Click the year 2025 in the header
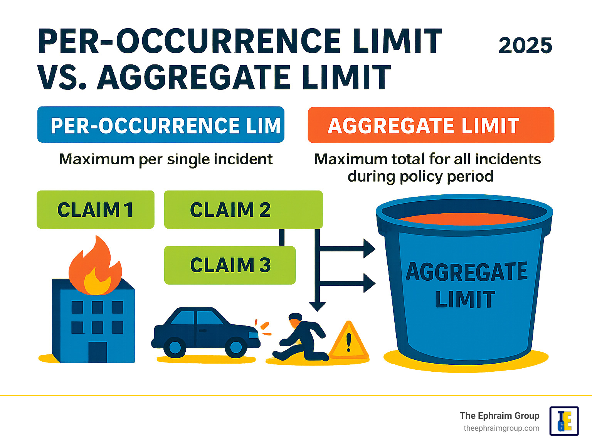click(x=525, y=46)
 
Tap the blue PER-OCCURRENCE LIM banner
click(x=161, y=125)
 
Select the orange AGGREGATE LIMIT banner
click(x=431, y=125)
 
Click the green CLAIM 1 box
click(x=96, y=210)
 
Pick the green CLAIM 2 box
click(x=243, y=210)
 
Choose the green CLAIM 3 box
click(x=230, y=265)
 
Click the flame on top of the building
click(x=95, y=265)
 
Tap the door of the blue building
click(x=98, y=352)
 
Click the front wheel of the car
click(x=236, y=347)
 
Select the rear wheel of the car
click(x=175, y=347)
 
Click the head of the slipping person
click(x=296, y=318)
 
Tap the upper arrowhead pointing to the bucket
click(x=369, y=248)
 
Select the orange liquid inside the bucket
click(x=464, y=219)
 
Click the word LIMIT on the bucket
click(x=465, y=299)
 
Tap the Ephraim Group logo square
click(x=564, y=421)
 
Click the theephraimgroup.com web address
click(x=501, y=428)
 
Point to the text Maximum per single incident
click(x=166, y=160)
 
